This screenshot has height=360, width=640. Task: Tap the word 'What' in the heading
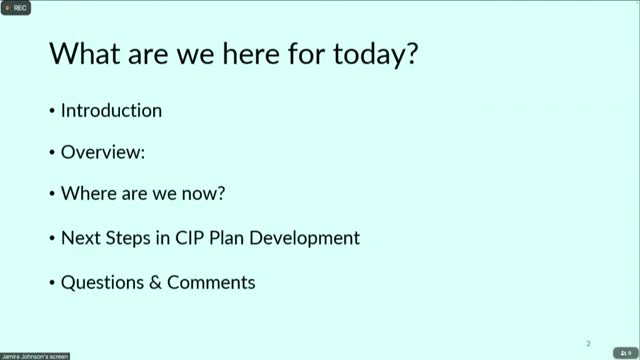pyautogui.click(x=84, y=53)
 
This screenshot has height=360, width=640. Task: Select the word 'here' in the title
pyautogui.click(x=251, y=53)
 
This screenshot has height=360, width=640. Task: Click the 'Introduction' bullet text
pyautogui.click(x=111, y=111)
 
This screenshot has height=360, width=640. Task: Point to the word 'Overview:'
pyautogui.click(x=103, y=152)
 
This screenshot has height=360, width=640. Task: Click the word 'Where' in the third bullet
pyautogui.click(x=89, y=193)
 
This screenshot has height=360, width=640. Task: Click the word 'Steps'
pyautogui.click(x=128, y=238)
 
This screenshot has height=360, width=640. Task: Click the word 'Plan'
pyautogui.click(x=226, y=238)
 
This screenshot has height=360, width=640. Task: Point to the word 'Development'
pyautogui.click(x=304, y=238)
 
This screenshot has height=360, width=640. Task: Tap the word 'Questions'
pyautogui.click(x=102, y=283)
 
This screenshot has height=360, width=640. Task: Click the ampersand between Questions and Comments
pyautogui.click(x=155, y=283)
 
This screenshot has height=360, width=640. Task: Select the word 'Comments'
pyautogui.click(x=211, y=282)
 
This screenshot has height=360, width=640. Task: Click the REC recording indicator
pyautogui.click(x=16, y=8)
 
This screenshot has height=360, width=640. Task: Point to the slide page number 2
pyautogui.click(x=588, y=344)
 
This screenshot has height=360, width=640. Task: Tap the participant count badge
pyautogui.click(x=625, y=353)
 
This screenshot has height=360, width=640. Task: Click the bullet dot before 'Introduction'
pyautogui.click(x=52, y=111)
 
